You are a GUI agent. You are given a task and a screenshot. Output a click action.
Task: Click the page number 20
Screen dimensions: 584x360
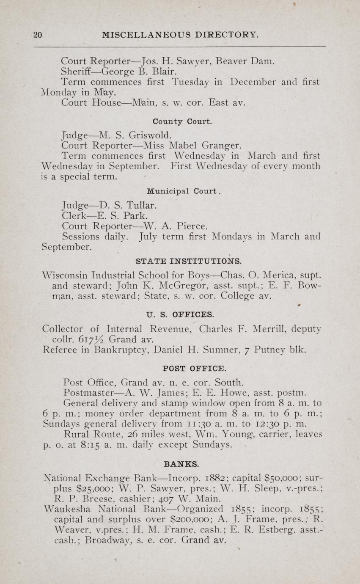coord(38,35)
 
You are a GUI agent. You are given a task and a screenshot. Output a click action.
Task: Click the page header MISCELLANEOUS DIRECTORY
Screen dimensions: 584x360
coord(180,35)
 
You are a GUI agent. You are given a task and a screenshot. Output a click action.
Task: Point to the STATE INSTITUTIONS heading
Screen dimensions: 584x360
coord(189,261)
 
